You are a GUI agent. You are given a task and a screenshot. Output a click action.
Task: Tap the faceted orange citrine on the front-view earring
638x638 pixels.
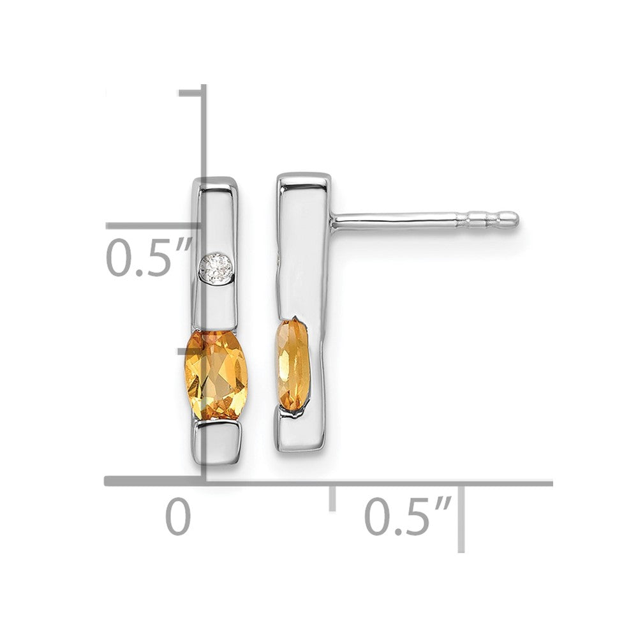[x=214, y=375]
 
